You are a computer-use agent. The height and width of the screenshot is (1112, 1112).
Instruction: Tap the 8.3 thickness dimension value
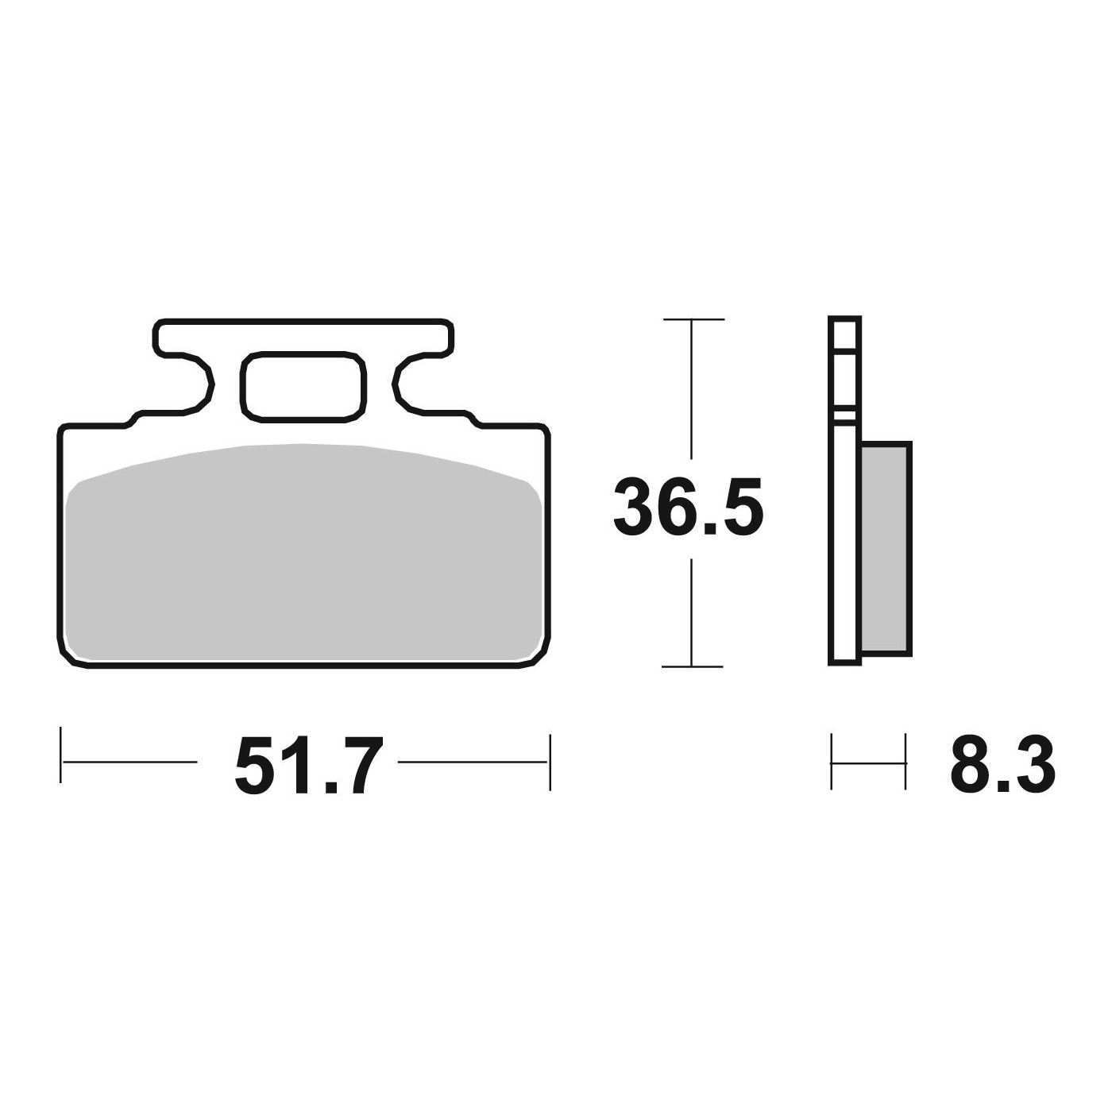1002,765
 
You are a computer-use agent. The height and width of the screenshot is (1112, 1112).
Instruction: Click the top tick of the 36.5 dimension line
693,319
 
